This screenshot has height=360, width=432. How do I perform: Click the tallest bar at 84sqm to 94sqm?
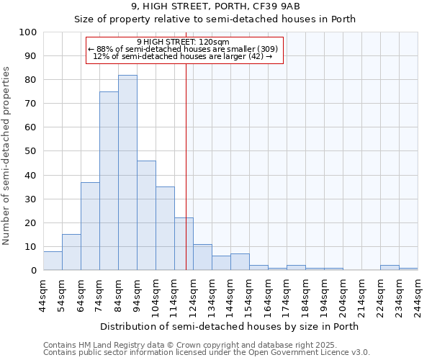127,173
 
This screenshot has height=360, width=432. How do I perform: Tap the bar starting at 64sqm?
90,226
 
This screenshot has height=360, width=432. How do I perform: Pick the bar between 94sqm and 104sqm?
146,215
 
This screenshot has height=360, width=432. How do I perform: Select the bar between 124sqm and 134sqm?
202,257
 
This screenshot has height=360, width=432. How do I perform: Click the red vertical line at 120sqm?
186,166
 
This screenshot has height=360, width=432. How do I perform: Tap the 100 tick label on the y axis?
28,32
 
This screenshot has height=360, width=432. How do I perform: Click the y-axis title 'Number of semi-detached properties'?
7,156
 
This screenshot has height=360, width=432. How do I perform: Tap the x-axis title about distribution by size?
230,326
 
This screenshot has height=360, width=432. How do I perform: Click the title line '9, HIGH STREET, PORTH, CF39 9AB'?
215,6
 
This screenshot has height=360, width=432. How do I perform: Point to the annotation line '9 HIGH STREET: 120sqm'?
183,42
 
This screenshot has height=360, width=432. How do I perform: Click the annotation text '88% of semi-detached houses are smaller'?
183,49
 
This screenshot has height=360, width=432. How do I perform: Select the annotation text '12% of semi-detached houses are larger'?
183,56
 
